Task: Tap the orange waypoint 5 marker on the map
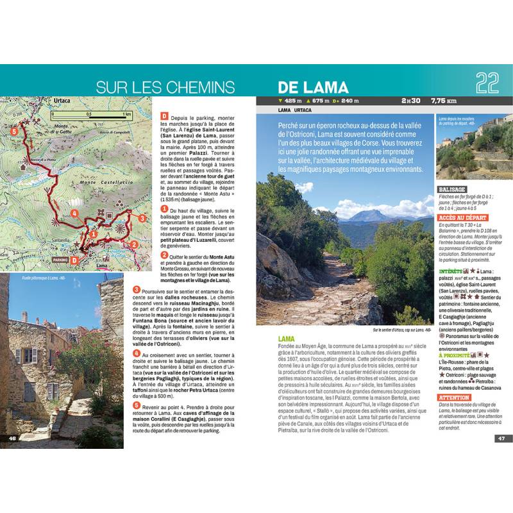(x=14, y=131)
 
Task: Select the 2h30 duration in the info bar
(x=411, y=101)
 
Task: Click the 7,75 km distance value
(x=444, y=101)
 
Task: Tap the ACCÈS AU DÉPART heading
(x=462, y=218)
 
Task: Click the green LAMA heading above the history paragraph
(x=287, y=339)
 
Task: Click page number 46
(x=12, y=438)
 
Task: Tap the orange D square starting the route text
(x=164, y=116)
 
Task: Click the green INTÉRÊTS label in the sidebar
(x=451, y=272)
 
